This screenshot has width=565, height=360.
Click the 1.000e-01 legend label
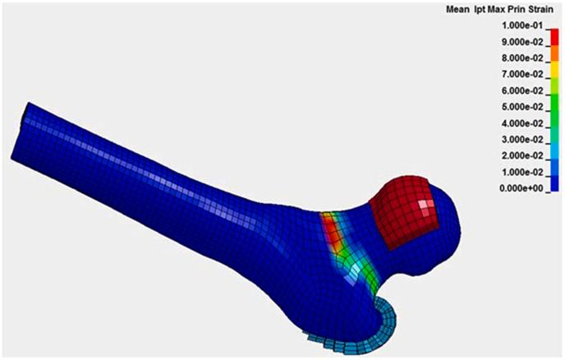[522, 26]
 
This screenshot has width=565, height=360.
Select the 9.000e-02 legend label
[522, 42]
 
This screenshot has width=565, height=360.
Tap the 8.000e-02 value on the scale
[522, 58]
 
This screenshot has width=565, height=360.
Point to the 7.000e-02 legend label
[522, 74]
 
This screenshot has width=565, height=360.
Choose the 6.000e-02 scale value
[522, 91]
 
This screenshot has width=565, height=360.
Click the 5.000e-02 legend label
[522, 107]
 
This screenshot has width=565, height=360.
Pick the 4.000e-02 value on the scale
[522, 123]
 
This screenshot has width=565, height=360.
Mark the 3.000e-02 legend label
[522, 140]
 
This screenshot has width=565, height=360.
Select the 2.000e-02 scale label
[522, 156]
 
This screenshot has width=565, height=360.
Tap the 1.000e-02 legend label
[522, 173]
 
